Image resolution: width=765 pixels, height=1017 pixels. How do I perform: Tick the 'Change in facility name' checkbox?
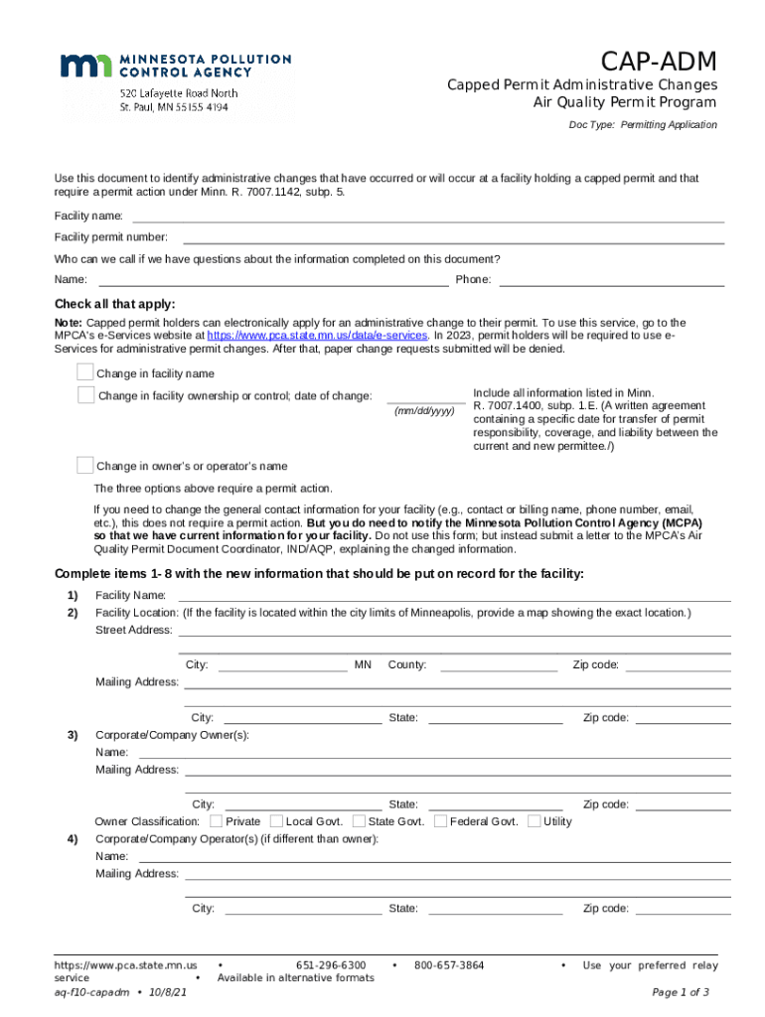coord(85,372)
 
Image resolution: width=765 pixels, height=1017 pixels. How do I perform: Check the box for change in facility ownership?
coord(86,395)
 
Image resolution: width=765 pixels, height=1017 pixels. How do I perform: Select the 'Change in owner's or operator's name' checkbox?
coord(85,465)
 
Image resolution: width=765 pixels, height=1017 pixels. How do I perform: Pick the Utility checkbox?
coord(535,821)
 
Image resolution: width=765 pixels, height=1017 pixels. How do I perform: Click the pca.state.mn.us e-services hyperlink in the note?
coord(317,336)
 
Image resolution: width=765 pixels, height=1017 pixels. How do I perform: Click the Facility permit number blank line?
coord(453,238)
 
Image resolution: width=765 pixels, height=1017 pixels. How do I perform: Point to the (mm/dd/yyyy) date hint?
coord(424,411)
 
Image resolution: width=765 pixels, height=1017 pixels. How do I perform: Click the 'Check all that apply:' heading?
coord(114,304)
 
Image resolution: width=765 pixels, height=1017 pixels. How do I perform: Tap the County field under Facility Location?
coord(499,665)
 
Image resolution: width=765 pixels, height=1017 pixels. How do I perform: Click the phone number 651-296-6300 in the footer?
coord(331,965)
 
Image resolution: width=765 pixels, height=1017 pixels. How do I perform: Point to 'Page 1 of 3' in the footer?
coord(681,992)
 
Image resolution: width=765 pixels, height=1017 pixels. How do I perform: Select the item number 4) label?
coord(73,839)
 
